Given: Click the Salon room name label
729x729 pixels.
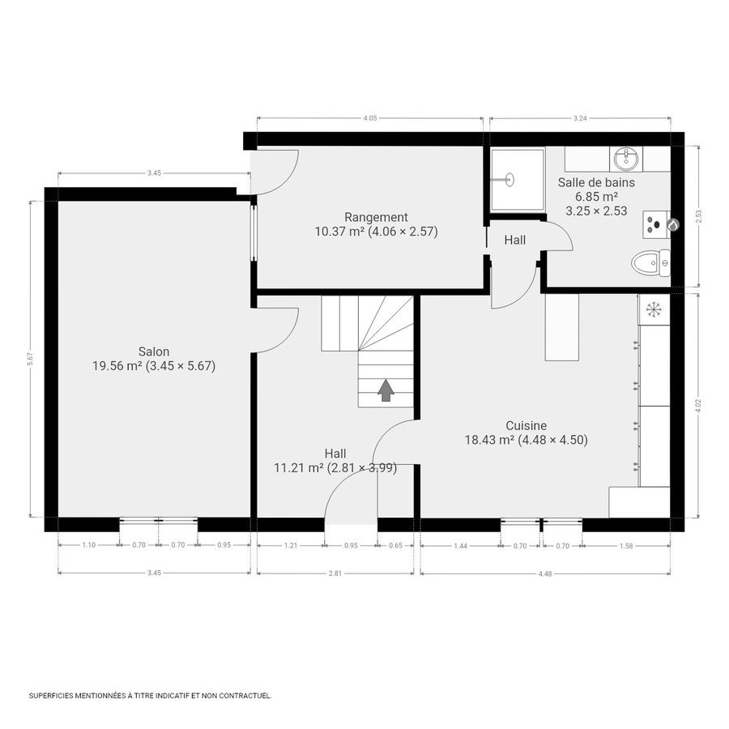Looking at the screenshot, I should click(154, 352).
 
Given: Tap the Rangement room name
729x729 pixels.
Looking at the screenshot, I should click(376, 217).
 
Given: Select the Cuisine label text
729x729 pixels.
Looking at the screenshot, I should click(526, 426).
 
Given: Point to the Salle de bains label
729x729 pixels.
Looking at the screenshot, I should click(596, 182).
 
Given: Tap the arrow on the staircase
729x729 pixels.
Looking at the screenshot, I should click(386, 390).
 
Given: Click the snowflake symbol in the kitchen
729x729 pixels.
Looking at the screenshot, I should click(654, 309).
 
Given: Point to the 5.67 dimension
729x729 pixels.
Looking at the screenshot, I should click(30, 360).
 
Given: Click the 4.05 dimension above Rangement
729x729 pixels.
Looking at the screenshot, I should click(369, 119).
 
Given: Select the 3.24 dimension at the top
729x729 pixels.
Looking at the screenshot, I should click(579, 119).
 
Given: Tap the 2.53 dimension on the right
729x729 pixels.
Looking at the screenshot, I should click(698, 216).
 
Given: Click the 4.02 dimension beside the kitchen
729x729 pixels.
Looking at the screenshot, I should click(698, 406).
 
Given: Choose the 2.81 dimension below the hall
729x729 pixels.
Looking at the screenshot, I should click(335, 573).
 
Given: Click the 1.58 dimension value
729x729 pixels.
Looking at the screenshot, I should click(625, 545).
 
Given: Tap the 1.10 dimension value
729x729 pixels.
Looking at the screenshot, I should click(89, 545).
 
